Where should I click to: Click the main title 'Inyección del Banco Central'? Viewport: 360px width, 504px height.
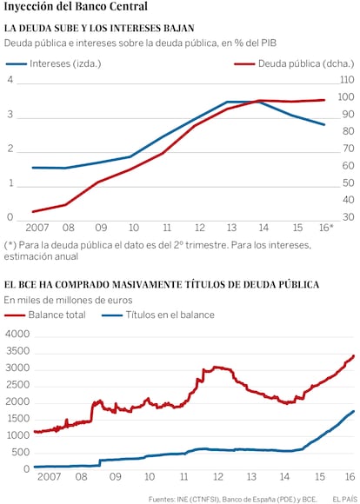(76, 6)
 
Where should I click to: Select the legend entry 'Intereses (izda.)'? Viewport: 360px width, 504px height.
(53, 63)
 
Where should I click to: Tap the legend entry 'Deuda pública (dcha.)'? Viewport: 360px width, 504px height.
(294, 63)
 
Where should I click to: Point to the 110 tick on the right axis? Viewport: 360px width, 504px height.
(347, 79)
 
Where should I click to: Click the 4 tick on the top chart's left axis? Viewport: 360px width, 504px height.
(10, 79)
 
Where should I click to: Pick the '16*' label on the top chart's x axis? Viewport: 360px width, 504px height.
(326, 228)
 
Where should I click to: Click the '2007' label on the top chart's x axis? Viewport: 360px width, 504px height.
(37, 228)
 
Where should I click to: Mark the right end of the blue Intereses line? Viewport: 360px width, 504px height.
(324, 125)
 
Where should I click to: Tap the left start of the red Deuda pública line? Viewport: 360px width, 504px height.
(33, 212)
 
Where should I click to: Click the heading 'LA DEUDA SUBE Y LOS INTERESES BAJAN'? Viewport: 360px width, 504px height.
(99, 29)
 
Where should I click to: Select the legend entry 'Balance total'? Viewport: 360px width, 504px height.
(45, 315)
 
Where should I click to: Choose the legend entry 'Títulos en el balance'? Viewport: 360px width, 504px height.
(158, 315)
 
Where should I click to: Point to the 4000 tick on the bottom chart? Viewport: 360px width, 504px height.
(17, 335)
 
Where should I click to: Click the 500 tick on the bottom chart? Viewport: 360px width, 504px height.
(23, 453)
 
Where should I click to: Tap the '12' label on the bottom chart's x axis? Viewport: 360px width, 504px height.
(217, 476)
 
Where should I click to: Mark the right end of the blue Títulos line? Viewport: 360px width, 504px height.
(354, 411)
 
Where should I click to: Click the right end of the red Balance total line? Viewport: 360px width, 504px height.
(354, 355)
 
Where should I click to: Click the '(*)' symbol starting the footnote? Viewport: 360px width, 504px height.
(10, 246)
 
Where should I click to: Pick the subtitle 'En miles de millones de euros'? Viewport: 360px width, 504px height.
(68, 300)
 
